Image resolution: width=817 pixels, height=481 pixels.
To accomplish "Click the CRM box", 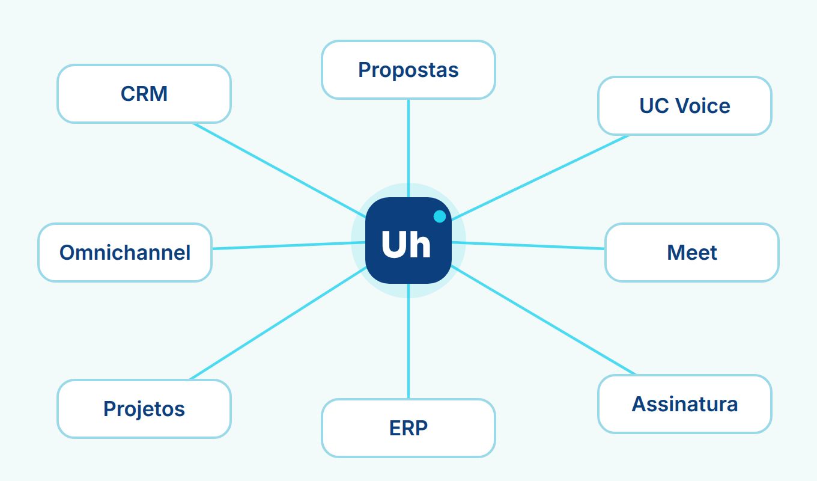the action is pos(144,94).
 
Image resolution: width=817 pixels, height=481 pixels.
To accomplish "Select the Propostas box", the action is pos(408,70).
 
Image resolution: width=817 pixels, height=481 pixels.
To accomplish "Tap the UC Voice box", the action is pos(685,106).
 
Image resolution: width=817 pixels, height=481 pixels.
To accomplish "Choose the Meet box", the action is pos(692,253).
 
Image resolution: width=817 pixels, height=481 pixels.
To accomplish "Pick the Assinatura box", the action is pos(685,404).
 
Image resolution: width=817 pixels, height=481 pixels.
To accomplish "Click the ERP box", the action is pos(408,428).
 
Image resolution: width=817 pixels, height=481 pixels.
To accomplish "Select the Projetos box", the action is pos(144,409).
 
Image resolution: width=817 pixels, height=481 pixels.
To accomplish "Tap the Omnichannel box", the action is pos(125,253).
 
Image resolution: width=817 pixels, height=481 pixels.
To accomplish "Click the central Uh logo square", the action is pos(408,240).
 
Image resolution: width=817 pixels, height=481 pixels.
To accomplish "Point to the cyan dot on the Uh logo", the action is pos(440,216).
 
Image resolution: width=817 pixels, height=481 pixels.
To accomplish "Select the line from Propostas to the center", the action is pos(408,148).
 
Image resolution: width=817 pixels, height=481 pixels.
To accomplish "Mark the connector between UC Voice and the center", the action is pos(541,177).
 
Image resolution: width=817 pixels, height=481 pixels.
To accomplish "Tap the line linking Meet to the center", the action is pos(529,245).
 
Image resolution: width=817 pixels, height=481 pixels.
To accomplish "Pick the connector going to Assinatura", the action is pos(543,320).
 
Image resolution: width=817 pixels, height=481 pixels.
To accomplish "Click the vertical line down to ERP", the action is pos(408,342).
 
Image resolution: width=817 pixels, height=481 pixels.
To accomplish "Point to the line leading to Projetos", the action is pos(278,323).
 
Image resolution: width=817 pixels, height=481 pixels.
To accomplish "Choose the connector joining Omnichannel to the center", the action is pos(288,245).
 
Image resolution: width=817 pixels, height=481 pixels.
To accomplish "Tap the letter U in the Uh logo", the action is pos(393,244).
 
